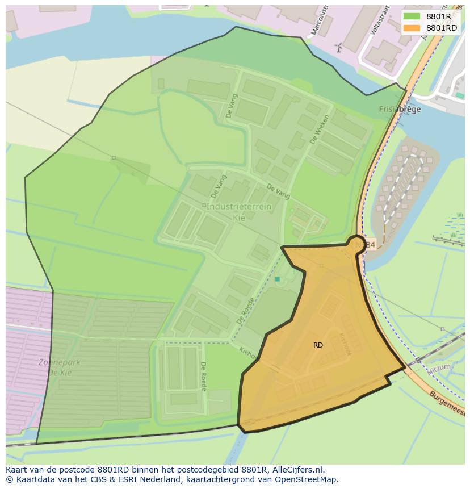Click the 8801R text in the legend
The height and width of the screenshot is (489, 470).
click(x=438, y=16)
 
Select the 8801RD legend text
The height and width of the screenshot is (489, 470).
click(x=441, y=28)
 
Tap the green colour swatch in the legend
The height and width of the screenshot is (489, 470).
click(x=412, y=16)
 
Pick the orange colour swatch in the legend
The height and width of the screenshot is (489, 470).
click(x=412, y=28)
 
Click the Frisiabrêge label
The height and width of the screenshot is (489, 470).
click(x=400, y=110)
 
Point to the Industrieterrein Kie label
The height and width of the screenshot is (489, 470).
click(x=238, y=211)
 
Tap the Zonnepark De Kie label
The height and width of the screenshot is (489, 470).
click(x=59, y=367)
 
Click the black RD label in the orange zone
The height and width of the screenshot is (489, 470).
click(x=318, y=345)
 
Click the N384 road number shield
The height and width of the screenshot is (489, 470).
click(x=367, y=245)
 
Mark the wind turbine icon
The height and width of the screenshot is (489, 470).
click(x=339, y=48)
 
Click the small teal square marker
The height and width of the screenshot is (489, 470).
click(x=277, y=279)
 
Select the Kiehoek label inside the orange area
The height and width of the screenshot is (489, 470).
click(x=345, y=344)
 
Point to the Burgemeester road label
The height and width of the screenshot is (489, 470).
click(x=448, y=403)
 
